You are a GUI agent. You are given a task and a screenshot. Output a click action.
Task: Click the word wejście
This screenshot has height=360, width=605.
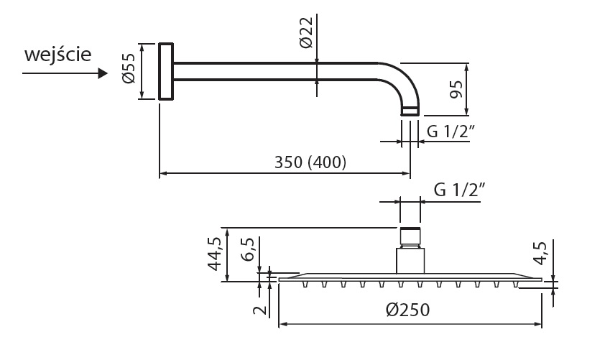click(x=57, y=55)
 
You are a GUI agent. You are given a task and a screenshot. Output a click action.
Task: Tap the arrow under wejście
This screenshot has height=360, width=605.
click(x=57, y=75)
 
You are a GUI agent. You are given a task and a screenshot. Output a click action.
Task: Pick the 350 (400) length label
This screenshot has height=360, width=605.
click(x=310, y=162)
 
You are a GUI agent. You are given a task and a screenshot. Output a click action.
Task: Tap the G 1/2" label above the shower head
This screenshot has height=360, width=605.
click(x=461, y=191)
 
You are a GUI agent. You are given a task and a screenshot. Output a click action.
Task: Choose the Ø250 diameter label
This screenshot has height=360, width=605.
click(x=407, y=310)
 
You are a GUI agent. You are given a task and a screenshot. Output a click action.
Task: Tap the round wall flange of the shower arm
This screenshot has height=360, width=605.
click(x=166, y=71)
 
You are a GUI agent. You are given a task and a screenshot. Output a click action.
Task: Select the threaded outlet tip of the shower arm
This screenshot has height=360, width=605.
click(x=409, y=111)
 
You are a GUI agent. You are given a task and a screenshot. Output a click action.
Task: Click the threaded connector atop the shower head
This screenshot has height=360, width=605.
click(x=410, y=236)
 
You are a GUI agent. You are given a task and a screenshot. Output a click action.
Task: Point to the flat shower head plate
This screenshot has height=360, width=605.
click(x=410, y=277)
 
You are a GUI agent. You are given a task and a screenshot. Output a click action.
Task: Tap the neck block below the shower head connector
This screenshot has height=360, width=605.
click(x=410, y=259)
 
